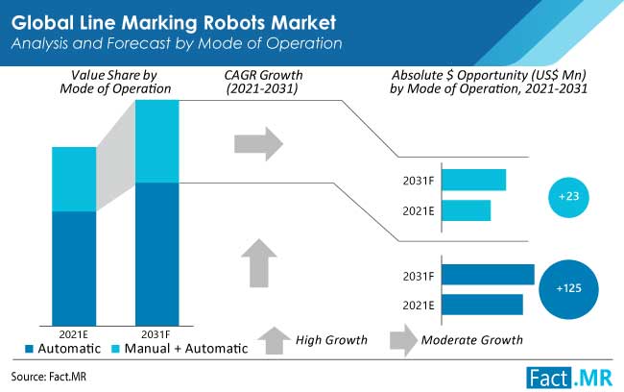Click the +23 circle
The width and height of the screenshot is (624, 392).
(x=568, y=197)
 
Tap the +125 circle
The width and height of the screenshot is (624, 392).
(x=568, y=289)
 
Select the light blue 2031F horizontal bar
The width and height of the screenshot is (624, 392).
(x=474, y=180)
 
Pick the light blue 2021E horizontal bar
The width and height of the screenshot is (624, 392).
(x=467, y=210)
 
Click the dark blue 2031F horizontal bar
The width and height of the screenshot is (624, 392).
(x=489, y=275)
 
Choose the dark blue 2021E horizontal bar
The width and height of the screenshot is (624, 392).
(x=482, y=305)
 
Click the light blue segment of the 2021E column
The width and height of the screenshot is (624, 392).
(x=74, y=180)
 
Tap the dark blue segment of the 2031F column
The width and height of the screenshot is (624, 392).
(x=157, y=255)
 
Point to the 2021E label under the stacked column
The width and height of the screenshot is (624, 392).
(x=74, y=334)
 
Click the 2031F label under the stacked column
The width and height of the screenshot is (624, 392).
(x=156, y=334)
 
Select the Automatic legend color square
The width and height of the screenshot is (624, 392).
(x=29, y=349)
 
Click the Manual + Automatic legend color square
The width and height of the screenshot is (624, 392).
(x=115, y=349)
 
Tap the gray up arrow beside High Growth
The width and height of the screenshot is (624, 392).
(x=275, y=341)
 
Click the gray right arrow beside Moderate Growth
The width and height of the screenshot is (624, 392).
(x=403, y=340)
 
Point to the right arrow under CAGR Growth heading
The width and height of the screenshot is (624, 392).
(x=258, y=144)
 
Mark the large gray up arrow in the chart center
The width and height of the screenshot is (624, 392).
(x=259, y=263)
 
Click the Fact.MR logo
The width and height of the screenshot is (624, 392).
(x=569, y=378)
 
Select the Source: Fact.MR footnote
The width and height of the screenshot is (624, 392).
(x=49, y=377)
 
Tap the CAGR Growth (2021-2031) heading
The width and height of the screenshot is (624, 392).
(x=263, y=82)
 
